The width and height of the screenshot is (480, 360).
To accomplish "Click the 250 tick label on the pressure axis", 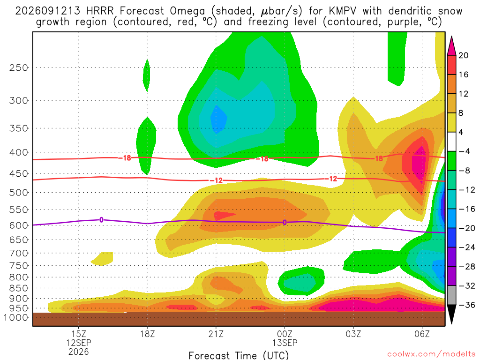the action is [x=19, y=67].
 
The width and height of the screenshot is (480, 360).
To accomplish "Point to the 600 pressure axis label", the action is [x=19, y=225].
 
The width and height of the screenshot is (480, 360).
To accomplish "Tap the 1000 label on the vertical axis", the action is [x=16, y=317].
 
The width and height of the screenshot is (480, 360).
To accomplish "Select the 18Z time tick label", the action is [x=147, y=334].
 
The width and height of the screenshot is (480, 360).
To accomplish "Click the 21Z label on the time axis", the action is [x=216, y=334].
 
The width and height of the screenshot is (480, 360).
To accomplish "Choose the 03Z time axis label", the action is [x=353, y=334].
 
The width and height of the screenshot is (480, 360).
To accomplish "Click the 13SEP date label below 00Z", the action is [x=285, y=343].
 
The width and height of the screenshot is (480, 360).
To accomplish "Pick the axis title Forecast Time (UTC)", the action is [x=239, y=355].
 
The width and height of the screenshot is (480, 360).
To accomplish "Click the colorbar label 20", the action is [x=463, y=55].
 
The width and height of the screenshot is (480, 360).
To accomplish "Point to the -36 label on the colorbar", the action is [x=466, y=305].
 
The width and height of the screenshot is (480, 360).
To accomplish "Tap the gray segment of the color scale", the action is [x=451, y=295].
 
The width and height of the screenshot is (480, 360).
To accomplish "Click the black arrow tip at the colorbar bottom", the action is [x=451, y=323].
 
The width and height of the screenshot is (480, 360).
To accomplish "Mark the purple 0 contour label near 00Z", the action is [x=285, y=223].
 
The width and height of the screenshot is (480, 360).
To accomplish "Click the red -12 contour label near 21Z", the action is [x=217, y=180].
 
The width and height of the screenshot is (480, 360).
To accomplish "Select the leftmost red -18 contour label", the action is [x=125, y=158].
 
